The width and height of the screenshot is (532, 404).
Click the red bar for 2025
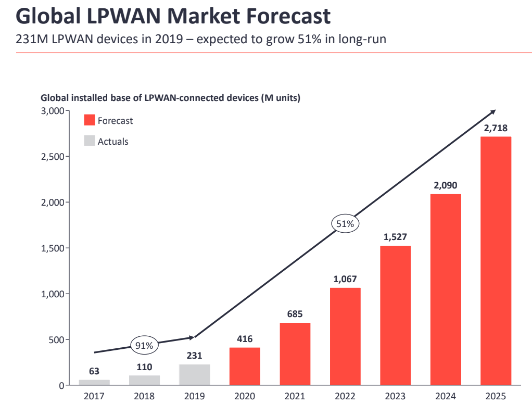point(496,261)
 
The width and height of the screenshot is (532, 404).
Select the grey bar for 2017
point(94,382)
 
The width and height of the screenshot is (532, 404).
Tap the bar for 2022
point(346,336)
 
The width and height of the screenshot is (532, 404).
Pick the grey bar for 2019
point(195,374)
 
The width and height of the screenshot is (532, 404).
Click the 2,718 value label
point(496,128)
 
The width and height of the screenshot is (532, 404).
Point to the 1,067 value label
point(345,279)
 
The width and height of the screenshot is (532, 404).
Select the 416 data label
point(245,339)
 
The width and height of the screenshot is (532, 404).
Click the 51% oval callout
point(345,223)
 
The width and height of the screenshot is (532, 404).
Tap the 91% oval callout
point(144,345)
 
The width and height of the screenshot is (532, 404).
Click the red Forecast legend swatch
point(90,120)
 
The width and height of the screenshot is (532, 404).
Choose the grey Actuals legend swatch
point(90,141)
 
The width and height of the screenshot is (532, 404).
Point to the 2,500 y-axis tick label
point(53,157)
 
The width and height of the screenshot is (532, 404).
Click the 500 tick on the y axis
point(56,340)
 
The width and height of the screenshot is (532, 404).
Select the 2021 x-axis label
point(295,396)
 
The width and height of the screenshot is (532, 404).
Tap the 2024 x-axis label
point(446,396)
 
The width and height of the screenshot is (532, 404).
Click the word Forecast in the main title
point(288,16)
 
